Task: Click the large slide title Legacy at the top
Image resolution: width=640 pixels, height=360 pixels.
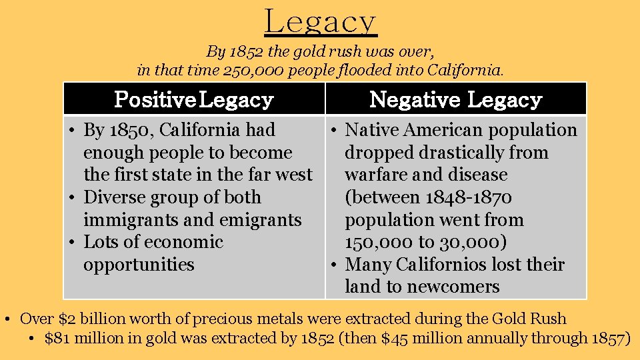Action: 321,21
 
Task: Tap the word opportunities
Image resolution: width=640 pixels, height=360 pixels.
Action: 139,265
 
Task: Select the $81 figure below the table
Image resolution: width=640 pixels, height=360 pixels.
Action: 57,339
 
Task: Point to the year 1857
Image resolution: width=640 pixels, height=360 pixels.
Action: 607,339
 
